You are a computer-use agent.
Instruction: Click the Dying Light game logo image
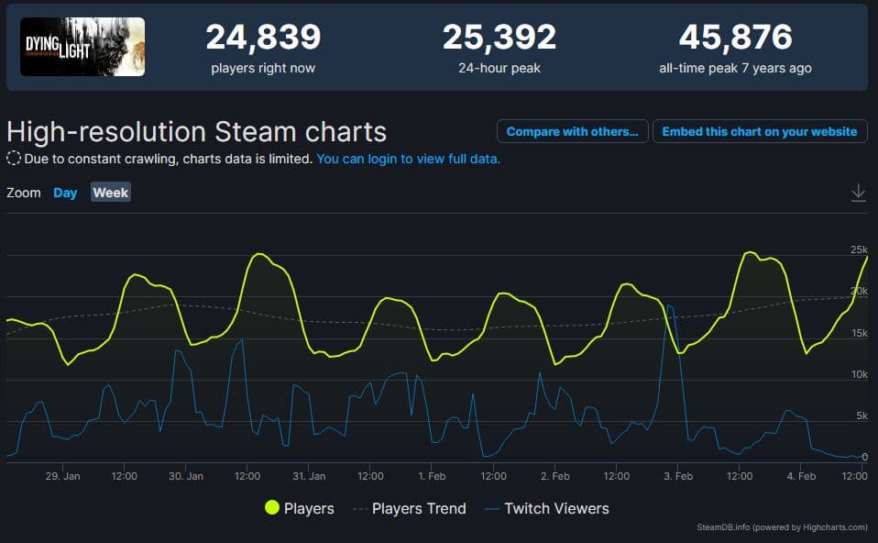click(82, 47)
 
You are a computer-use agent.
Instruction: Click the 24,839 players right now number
click(263, 38)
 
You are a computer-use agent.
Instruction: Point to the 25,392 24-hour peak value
click(499, 38)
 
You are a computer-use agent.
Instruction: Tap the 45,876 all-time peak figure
click(735, 38)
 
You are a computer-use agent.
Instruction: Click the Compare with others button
click(573, 131)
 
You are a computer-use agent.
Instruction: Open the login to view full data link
click(409, 159)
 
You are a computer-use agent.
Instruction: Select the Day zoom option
click(65, 193)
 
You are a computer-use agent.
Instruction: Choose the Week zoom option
click(111, 193)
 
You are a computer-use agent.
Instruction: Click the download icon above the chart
click(858, 193)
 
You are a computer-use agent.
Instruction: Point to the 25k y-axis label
click(859, 249)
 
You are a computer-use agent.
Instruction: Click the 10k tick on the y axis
click(859, 374)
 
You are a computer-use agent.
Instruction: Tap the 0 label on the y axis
click(863, 457)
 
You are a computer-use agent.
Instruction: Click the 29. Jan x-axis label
click(63, 476)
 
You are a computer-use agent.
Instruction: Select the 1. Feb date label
click(432, 476)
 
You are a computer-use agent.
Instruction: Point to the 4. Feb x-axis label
click(801, 476)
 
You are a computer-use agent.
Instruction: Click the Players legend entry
click(299, 508)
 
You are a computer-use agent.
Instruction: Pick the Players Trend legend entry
click(409, 508)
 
